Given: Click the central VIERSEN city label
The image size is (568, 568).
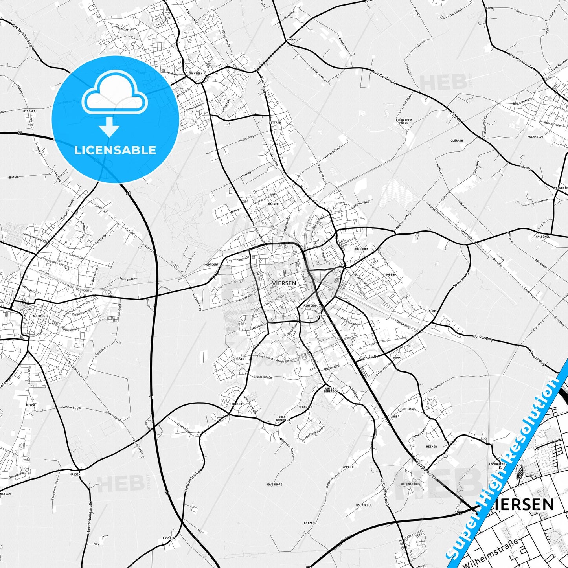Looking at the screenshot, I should coord(284,283).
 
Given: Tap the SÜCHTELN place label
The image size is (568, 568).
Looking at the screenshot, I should coord(195,74).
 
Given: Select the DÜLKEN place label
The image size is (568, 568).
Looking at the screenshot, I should coord(38,316).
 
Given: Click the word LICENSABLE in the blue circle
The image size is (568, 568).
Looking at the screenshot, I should coord(115,150).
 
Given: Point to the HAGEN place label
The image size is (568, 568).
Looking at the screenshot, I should coord(291,40).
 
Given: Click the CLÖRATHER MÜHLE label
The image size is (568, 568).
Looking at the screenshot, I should coord(404,121).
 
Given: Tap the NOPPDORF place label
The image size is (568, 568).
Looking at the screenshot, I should coord(211,265).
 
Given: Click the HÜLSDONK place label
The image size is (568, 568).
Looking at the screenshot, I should coord(361,249).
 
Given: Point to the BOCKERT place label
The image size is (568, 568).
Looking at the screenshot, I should coord(237,404).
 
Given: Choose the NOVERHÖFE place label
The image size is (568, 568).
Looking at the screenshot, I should coord(274,485).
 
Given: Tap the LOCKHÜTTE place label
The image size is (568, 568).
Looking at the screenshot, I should coord(497,464).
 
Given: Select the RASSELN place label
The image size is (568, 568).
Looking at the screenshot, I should coord(169,538).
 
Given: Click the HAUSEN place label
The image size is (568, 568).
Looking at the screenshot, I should coord(75,474).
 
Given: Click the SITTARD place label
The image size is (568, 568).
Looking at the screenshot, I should coord(275,123).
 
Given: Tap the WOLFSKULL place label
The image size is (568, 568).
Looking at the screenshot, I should coord(364,505).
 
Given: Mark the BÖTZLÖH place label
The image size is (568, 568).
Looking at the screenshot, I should coord(310,523).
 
